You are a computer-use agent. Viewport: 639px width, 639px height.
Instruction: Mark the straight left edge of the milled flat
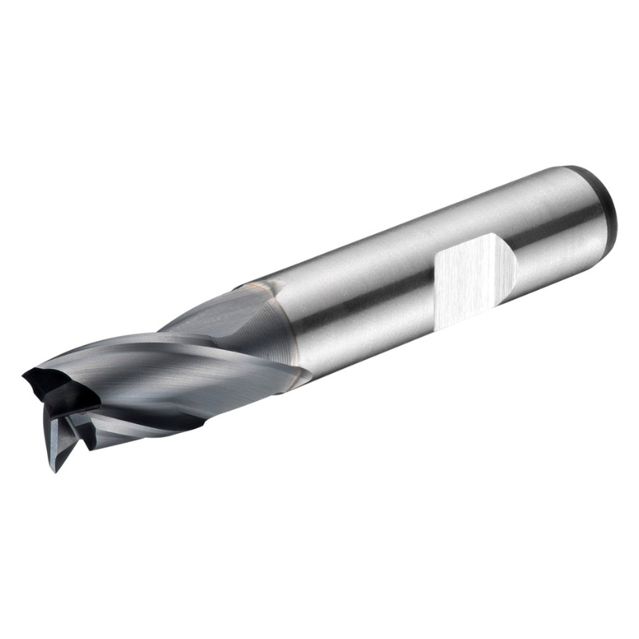(436, 288)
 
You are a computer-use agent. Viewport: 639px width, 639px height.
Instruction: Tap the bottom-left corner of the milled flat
(439, 323)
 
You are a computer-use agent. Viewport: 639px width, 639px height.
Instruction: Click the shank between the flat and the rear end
(551, 240)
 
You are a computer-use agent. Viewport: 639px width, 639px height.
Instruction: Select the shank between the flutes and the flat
(359, 312)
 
